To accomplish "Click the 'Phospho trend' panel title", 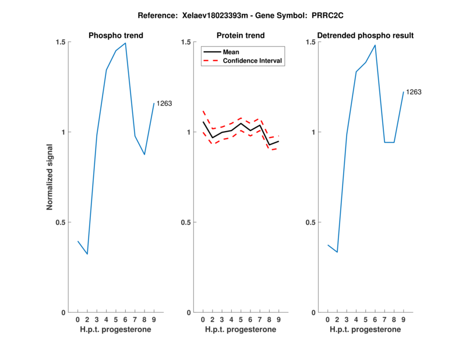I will tap(116, 36).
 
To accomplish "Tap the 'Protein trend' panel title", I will tap(241, 36).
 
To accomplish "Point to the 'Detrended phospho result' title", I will tap(366, 36).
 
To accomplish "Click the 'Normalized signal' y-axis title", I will tap(50, 177).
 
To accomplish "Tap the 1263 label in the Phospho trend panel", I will tap(164, 104).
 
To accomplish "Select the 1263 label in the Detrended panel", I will tap(414, 92).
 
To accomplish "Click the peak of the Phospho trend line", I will tap(125, 43).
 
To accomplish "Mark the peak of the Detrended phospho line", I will tap(375, 45).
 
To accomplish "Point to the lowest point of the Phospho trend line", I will tap(87, 254).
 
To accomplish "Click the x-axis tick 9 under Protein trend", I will tap(278, 320).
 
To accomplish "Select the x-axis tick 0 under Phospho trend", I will tap(77, 320).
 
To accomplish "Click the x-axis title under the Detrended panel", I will tap(365, 330).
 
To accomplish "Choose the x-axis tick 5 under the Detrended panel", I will tap(365, 320).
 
